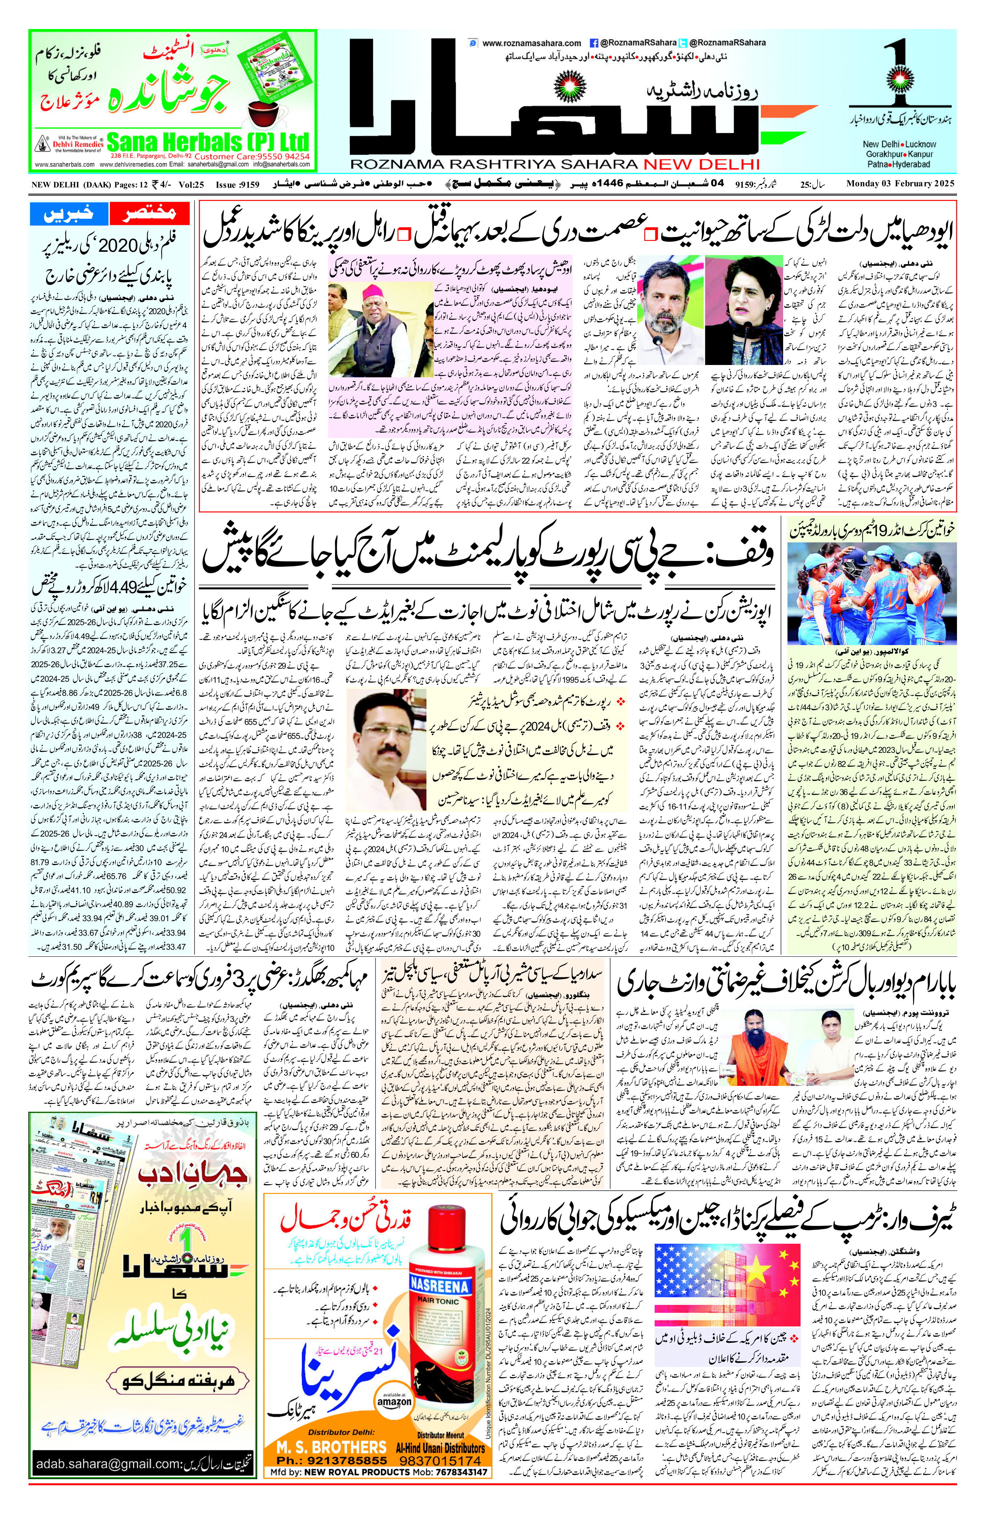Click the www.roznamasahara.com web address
[x=532, y=43]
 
